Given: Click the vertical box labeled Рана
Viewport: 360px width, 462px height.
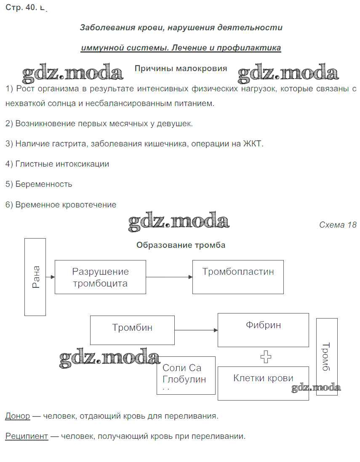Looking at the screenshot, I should (x=35, y=277).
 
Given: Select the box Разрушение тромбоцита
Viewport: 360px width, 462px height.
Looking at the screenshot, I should (x=100, y=277).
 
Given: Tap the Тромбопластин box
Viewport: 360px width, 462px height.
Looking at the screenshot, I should (x=238, y=277).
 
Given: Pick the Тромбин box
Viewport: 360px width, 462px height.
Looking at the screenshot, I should (x=132, y=330).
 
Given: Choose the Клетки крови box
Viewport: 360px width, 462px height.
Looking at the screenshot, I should (x=263, y=383).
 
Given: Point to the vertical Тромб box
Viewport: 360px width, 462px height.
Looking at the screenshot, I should (x=327, y=357).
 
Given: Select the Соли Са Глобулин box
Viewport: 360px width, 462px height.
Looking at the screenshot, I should (x=186, y=375).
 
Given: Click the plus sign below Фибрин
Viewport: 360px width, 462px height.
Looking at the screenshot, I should (x=266, y=357).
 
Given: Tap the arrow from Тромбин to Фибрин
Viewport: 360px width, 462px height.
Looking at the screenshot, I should (x=196, y=330).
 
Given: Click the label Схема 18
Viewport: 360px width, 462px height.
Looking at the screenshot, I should (x=338, y=225).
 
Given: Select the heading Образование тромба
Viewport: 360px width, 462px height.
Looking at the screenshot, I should (x=181, y=245).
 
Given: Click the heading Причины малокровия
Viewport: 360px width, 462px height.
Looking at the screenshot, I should (x=181, y=69).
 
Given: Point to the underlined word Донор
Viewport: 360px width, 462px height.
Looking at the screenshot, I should (x=18, y=416).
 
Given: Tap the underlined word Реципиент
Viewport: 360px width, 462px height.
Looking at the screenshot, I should (x=27, y=436).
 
